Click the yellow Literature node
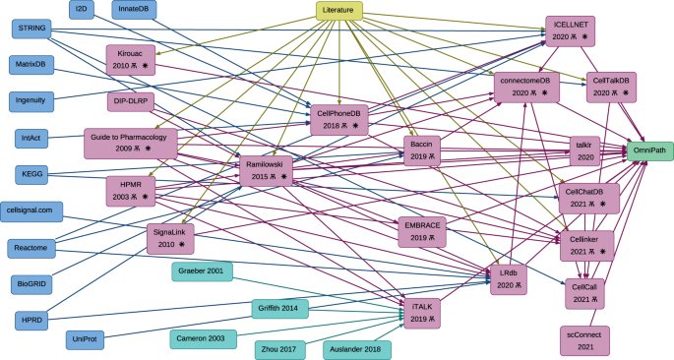pyautogui.click(x=339, y=12)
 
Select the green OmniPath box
pyautogui.click(x=648, y=150)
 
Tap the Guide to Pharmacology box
pyautogui.click(x=132, y=142)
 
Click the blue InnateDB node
pyautogui.click(x=139, y=9)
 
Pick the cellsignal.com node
pyautogui.click(x=35, y=210)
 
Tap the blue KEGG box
pyautogui.click(x=31, y=174)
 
